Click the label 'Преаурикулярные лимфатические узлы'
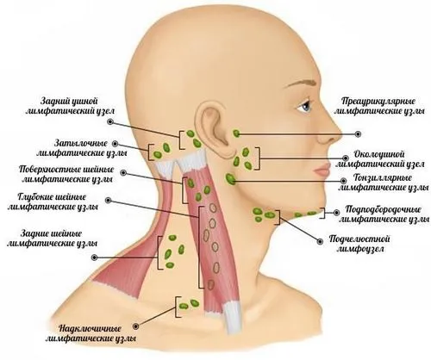379,106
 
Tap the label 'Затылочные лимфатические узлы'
82,148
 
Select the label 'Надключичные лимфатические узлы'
91,333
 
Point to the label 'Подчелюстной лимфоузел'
359,244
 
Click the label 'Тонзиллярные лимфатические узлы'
383,183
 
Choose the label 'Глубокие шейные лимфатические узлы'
53,202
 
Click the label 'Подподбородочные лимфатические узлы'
384,214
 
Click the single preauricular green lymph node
236,133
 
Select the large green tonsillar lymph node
230,179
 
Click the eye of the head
305,107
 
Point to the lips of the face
322,171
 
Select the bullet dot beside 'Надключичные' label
136,326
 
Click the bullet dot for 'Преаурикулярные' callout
358,133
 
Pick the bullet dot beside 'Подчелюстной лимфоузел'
320,242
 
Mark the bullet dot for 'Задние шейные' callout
94,258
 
